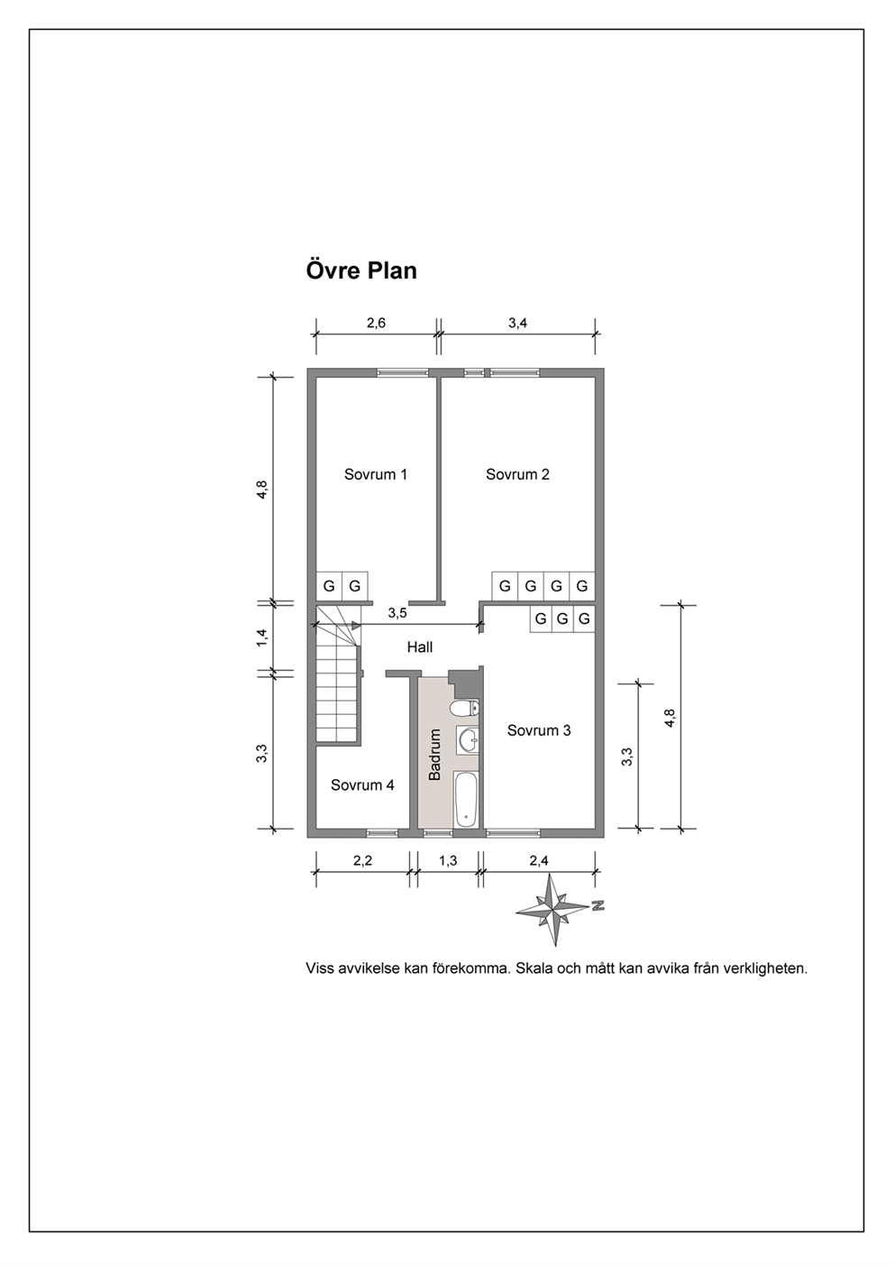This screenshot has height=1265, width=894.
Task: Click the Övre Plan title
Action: click(x=361, y=270)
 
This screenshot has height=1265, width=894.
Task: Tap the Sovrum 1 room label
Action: click(x=375, y=474)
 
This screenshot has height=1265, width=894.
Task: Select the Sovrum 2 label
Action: click(x=517, y=474)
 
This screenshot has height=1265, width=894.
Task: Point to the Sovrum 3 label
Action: click(x=539, y=730)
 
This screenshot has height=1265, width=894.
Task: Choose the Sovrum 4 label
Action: click(x=362, y=785)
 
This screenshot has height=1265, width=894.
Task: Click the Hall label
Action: click(x=420, y=647)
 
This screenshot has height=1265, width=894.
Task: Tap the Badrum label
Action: click(x=434, y=755)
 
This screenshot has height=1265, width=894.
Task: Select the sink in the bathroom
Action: click(x=468, y=739)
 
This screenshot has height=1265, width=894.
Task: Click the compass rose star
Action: click(x=552, y=910)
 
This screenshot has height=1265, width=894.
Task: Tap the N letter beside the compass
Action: click(x=598, y=905)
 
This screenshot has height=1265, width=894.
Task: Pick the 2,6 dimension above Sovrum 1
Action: click(x=376, y=323)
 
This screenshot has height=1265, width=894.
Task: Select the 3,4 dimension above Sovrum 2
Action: click(x=517, y=323)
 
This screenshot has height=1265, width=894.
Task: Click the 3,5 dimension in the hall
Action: click(x=397, y=613)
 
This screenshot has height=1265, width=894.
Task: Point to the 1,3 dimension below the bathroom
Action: click(x=448, y=861)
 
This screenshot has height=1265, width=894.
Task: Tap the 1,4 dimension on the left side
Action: click(x=262, y=638)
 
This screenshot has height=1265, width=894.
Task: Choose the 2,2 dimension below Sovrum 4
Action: click(x=362, y=861)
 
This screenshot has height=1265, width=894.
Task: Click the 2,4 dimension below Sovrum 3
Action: click(x=538, y=861)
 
